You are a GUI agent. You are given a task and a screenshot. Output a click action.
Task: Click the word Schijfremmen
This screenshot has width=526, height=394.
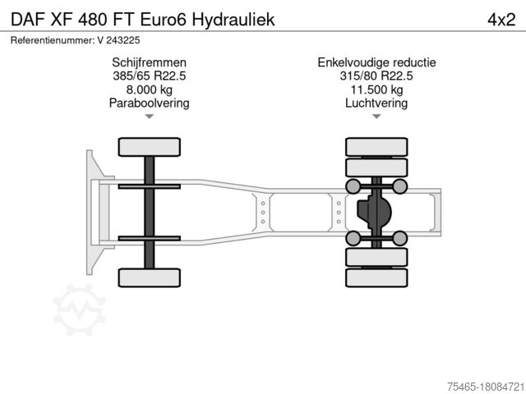pyautogui.click(x=149, y=62)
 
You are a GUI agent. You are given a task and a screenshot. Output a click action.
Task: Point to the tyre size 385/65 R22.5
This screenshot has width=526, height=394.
pyautogui.click(x=149, y=76)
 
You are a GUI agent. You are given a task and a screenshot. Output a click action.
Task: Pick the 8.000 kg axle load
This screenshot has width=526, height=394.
pyautogui.click(x=149, y=89)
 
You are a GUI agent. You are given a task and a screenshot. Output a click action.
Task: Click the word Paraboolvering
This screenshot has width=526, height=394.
pyautogui.click(x=149, y=103)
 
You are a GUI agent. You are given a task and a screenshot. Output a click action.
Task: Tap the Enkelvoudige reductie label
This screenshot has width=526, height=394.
pyautogui.click(x=376, y=62)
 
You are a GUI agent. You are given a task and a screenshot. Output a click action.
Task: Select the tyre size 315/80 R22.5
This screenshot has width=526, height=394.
pyautogui.click(x=376, y=76)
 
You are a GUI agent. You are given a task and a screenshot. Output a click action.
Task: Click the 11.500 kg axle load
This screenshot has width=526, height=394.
pyautogui.click(x=376, y=89)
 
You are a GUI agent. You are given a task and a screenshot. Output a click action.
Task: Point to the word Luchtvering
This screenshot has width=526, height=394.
pyautogui.click(x=376, y=103)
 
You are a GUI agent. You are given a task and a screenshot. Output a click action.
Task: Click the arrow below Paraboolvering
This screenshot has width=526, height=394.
pyautogui.click(x=149, y=117)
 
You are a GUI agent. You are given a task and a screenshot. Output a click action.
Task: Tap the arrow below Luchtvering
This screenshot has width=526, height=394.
pyautogui.click(x=376, y=117)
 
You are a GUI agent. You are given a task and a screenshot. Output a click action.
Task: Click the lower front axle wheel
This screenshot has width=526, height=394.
pyautogui.click(x=149, y=277)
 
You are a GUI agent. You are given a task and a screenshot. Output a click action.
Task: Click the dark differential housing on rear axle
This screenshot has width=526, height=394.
pyautogui.click(x=372, y=212)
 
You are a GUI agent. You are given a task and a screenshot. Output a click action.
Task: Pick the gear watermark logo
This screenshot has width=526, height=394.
pyautogui.click(x=80, y=309)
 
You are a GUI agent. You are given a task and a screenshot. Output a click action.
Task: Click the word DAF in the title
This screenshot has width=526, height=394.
pyautogui.click(x=27, y=19)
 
